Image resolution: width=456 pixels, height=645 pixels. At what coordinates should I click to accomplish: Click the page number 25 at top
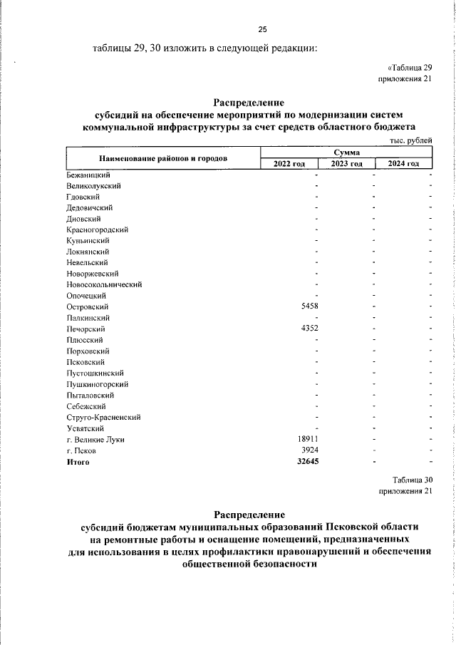coord(261,29)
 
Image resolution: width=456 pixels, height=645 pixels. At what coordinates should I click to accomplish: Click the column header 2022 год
coord(289,164)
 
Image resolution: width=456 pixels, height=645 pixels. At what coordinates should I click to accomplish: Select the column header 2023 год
coord(347,164)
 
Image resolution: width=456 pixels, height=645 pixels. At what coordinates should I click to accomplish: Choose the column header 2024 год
coord(403,164)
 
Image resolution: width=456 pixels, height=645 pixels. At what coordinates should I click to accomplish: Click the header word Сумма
coord(346,153)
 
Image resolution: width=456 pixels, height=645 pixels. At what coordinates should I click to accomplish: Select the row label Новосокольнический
coord(104,284)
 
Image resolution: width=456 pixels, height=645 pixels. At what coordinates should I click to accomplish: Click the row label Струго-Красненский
coord(103,417)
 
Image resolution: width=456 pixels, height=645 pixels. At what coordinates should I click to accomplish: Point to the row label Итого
coord(78,462)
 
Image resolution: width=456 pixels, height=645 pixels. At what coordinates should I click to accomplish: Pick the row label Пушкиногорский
coord(97,384)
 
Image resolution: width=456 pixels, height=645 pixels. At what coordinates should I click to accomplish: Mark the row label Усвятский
coord(85,428)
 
